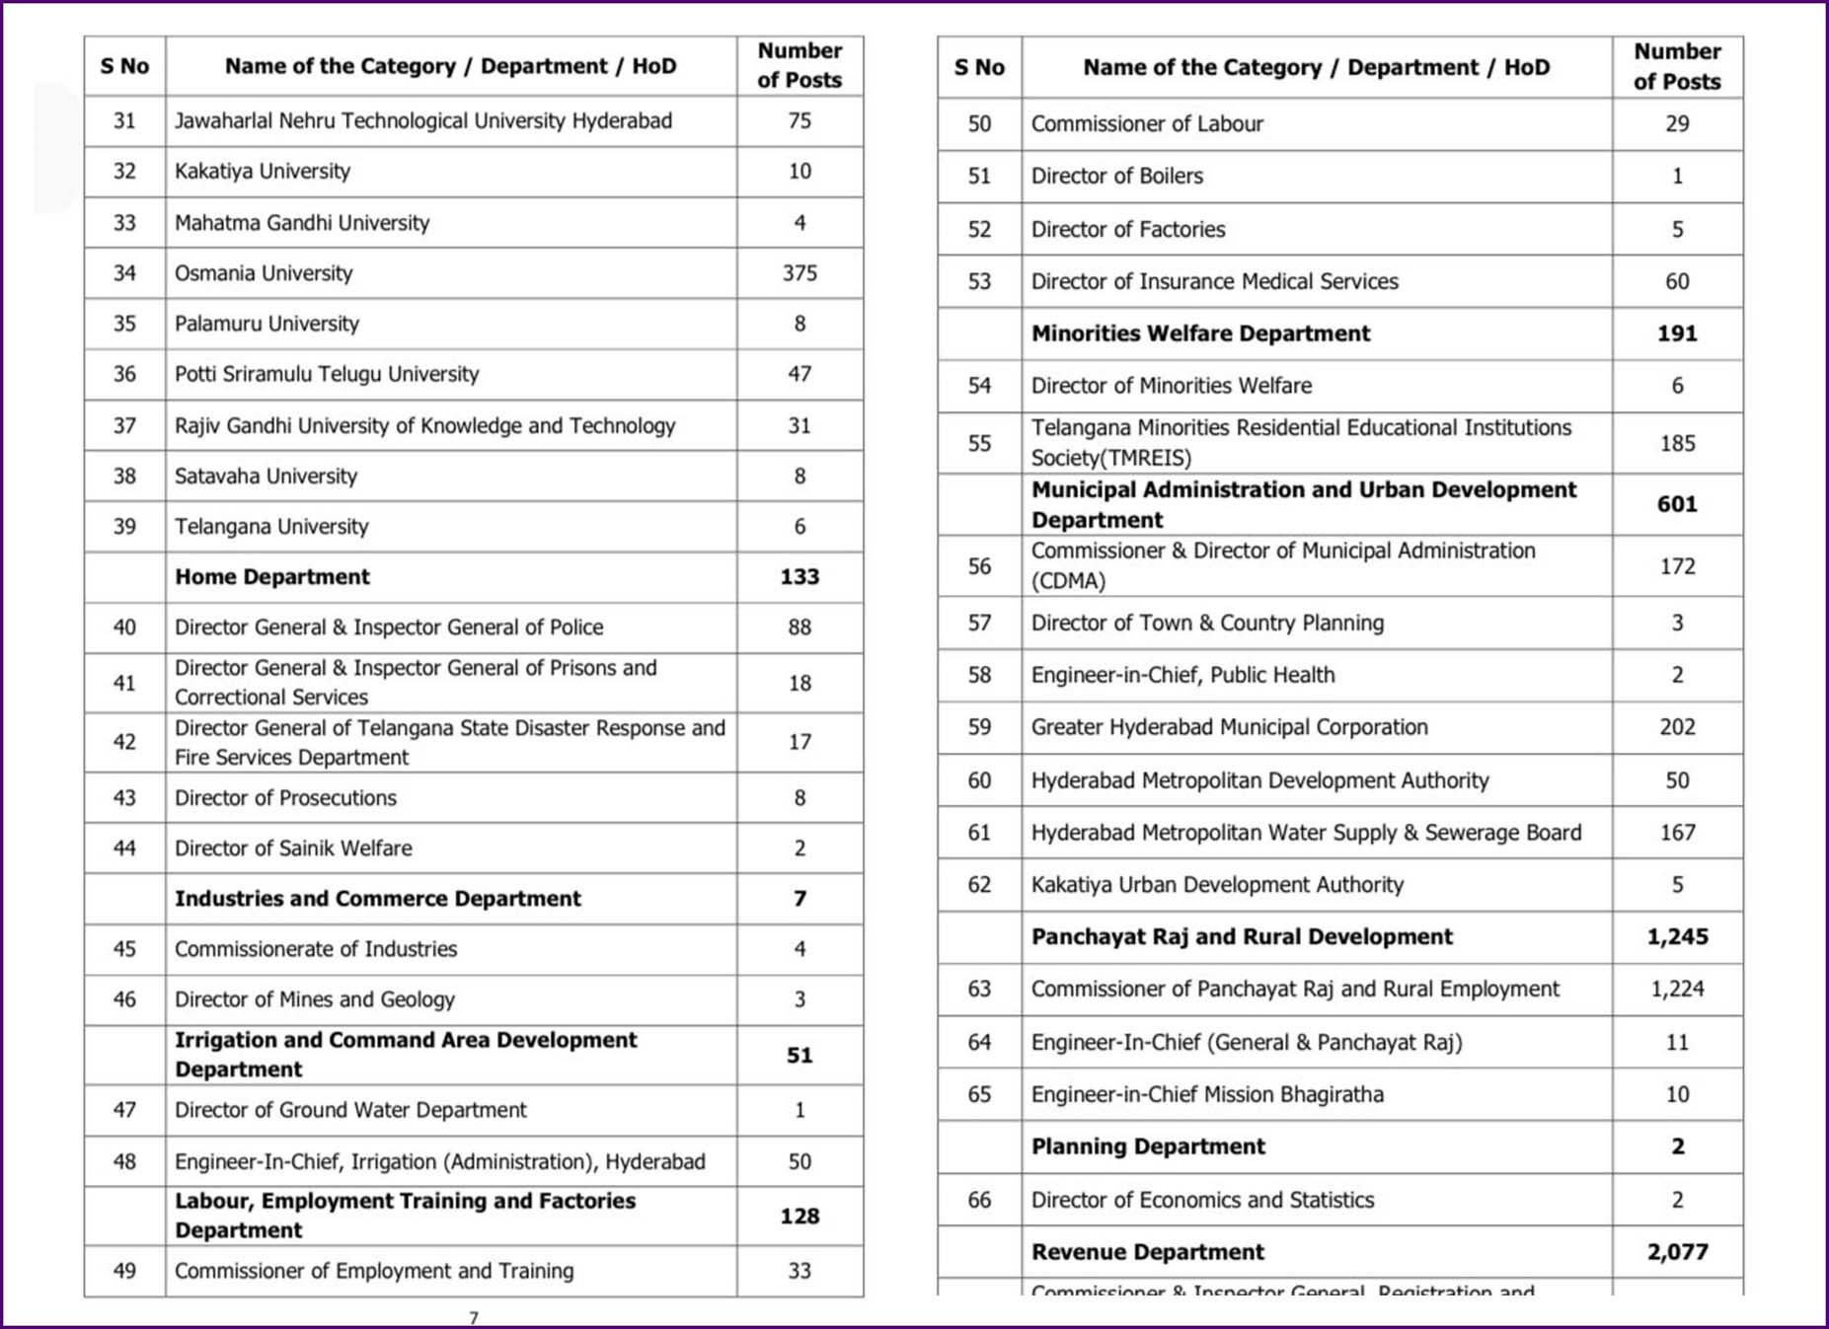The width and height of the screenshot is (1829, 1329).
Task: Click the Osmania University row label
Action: (x=264, y=273)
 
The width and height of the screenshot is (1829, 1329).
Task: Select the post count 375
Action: (x=800, y=273)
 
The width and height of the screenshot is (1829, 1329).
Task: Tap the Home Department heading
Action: (x=272, y=577)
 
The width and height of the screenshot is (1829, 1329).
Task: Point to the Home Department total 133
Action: (x=800, y=577)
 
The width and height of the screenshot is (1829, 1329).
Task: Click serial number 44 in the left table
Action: (x=124, y=849)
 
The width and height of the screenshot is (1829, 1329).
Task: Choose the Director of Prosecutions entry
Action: (x=285, y=798)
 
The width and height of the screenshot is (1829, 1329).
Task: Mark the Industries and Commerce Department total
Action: (x=800, y=899)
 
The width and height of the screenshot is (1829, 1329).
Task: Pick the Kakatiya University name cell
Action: (x=263, y=172)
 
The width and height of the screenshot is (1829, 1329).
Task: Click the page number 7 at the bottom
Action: (x=474, y=1318)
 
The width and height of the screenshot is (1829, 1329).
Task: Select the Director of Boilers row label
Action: (x=1117, y=177)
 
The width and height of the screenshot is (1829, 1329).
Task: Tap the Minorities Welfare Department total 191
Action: (x=1677, y=333)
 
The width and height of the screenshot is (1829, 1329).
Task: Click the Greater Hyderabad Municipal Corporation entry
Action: (x=1229, y=727)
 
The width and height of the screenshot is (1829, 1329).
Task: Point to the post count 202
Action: (x=1677, y=727)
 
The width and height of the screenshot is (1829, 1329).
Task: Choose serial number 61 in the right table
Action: (x=979, y=833)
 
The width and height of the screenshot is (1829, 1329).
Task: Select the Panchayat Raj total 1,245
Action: (x=1677, y=937)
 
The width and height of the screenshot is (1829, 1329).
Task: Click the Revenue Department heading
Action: (x=1148, y=1252)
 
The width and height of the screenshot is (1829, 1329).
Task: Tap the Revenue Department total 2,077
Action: (x=1677, y=1252)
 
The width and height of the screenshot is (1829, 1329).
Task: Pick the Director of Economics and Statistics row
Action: (x=1202, y=1200)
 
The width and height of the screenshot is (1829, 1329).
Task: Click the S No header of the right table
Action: (x=979, y=68)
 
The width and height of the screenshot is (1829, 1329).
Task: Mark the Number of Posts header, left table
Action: (x=800, y=65)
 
